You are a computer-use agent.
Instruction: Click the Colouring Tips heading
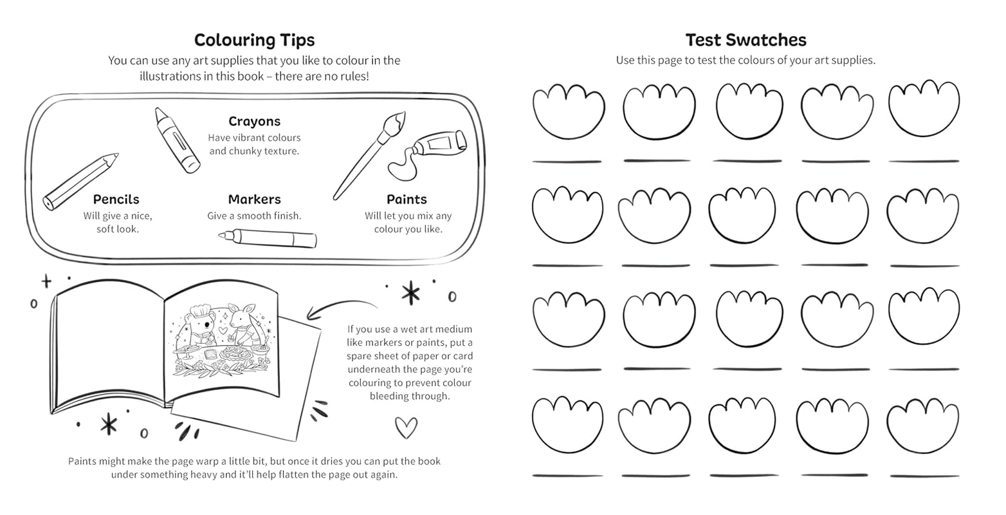[x=254, y=40]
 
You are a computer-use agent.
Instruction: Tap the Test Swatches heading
[x=745, y=40]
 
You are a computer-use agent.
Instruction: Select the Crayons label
[x=254, y=121]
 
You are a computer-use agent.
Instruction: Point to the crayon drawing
[x=177, y=140]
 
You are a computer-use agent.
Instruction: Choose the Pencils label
[x=116, y=200]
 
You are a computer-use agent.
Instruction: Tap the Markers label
[x=254, y=200]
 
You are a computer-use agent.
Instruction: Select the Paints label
[x=407, y=200]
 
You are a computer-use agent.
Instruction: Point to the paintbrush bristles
[x=394, y=120]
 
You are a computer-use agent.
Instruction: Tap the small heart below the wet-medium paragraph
[x=405, y=426]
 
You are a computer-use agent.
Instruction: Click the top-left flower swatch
[x=568, y=111]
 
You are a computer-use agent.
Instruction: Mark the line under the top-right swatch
[x=924, y=161]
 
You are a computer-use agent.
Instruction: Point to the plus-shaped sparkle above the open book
[x=46, y=281]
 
